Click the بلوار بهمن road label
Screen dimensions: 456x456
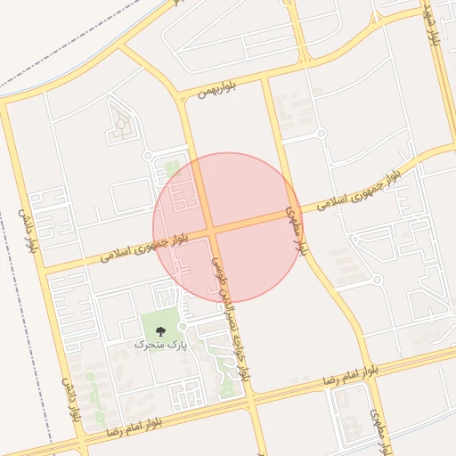pos(197,94)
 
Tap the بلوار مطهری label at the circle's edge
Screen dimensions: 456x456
pos(296,232)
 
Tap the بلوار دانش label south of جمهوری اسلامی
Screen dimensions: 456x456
pos(70,398)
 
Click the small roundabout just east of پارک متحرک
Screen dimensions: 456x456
pos(182,326)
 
